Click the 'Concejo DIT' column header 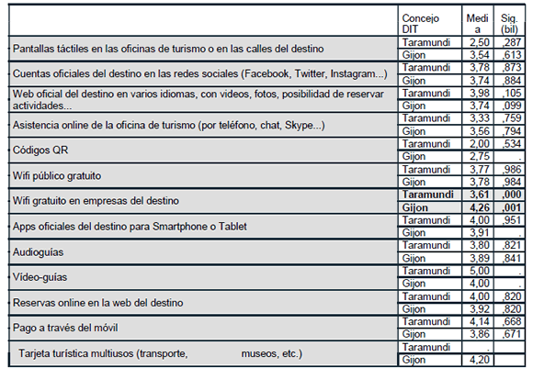click(422, 24)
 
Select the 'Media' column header click(476, 24)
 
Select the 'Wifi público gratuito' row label click(56, 174)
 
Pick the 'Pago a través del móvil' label click(65, 328)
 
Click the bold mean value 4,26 click(477, 207)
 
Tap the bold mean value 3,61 click(477, 195)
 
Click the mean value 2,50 click(477, 42)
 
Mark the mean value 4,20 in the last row click(477, 360)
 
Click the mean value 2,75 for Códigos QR click(477, 157)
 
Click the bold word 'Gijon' click(418, 207)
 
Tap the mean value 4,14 click(477, 322)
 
